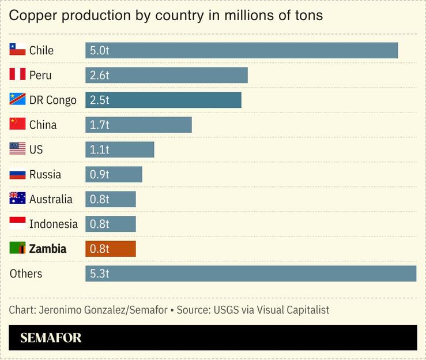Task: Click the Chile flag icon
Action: [17, 50]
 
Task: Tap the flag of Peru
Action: [17, 74]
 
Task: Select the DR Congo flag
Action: [17, 99]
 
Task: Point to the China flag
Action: [17, 124]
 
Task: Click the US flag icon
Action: [17, 149]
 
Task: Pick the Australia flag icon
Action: [17, 198]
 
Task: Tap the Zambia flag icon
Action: [17, 248]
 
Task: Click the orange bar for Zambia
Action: [110, 249]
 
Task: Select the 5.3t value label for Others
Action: [99, 273]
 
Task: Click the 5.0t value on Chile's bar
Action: [99, 50]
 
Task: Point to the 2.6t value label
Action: [99, 75]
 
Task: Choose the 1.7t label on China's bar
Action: [99, 125]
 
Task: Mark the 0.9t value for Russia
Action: [99, 174]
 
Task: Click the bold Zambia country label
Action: [48, 249]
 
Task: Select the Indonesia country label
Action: [53, 224]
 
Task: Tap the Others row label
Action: [26, 273]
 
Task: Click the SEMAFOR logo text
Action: [51, 338]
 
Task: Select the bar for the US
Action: [119, 149]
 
